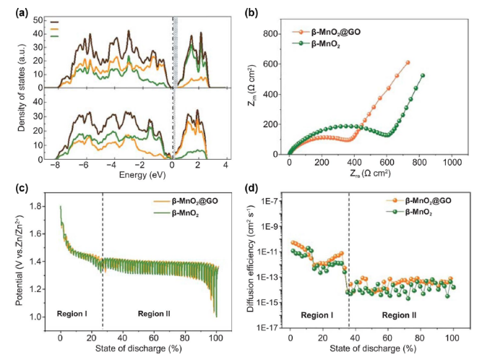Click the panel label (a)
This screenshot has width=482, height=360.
point(12,10)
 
